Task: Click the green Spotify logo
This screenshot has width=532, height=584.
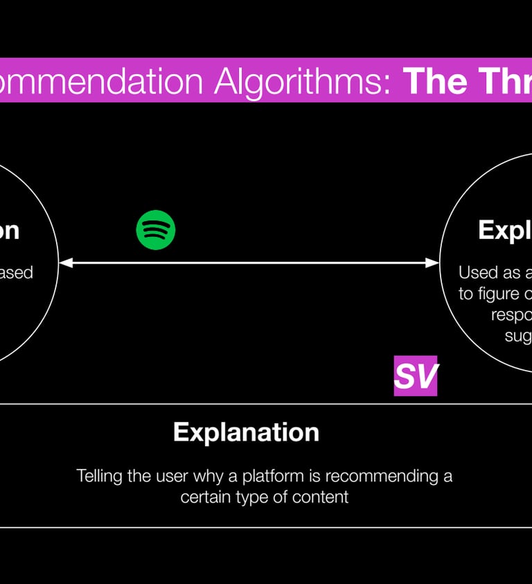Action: (156, 230)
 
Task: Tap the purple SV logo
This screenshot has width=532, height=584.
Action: (416, 376)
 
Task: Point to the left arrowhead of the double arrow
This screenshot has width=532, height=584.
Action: (64, 263)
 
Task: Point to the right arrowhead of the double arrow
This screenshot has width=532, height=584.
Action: (434, 263)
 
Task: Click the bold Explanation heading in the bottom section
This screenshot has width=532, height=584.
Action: (246, 432)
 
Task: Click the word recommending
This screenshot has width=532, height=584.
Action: (383, 477)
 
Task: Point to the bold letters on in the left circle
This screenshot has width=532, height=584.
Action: (8, 231)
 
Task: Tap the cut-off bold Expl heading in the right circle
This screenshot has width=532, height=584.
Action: (504, 231)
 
